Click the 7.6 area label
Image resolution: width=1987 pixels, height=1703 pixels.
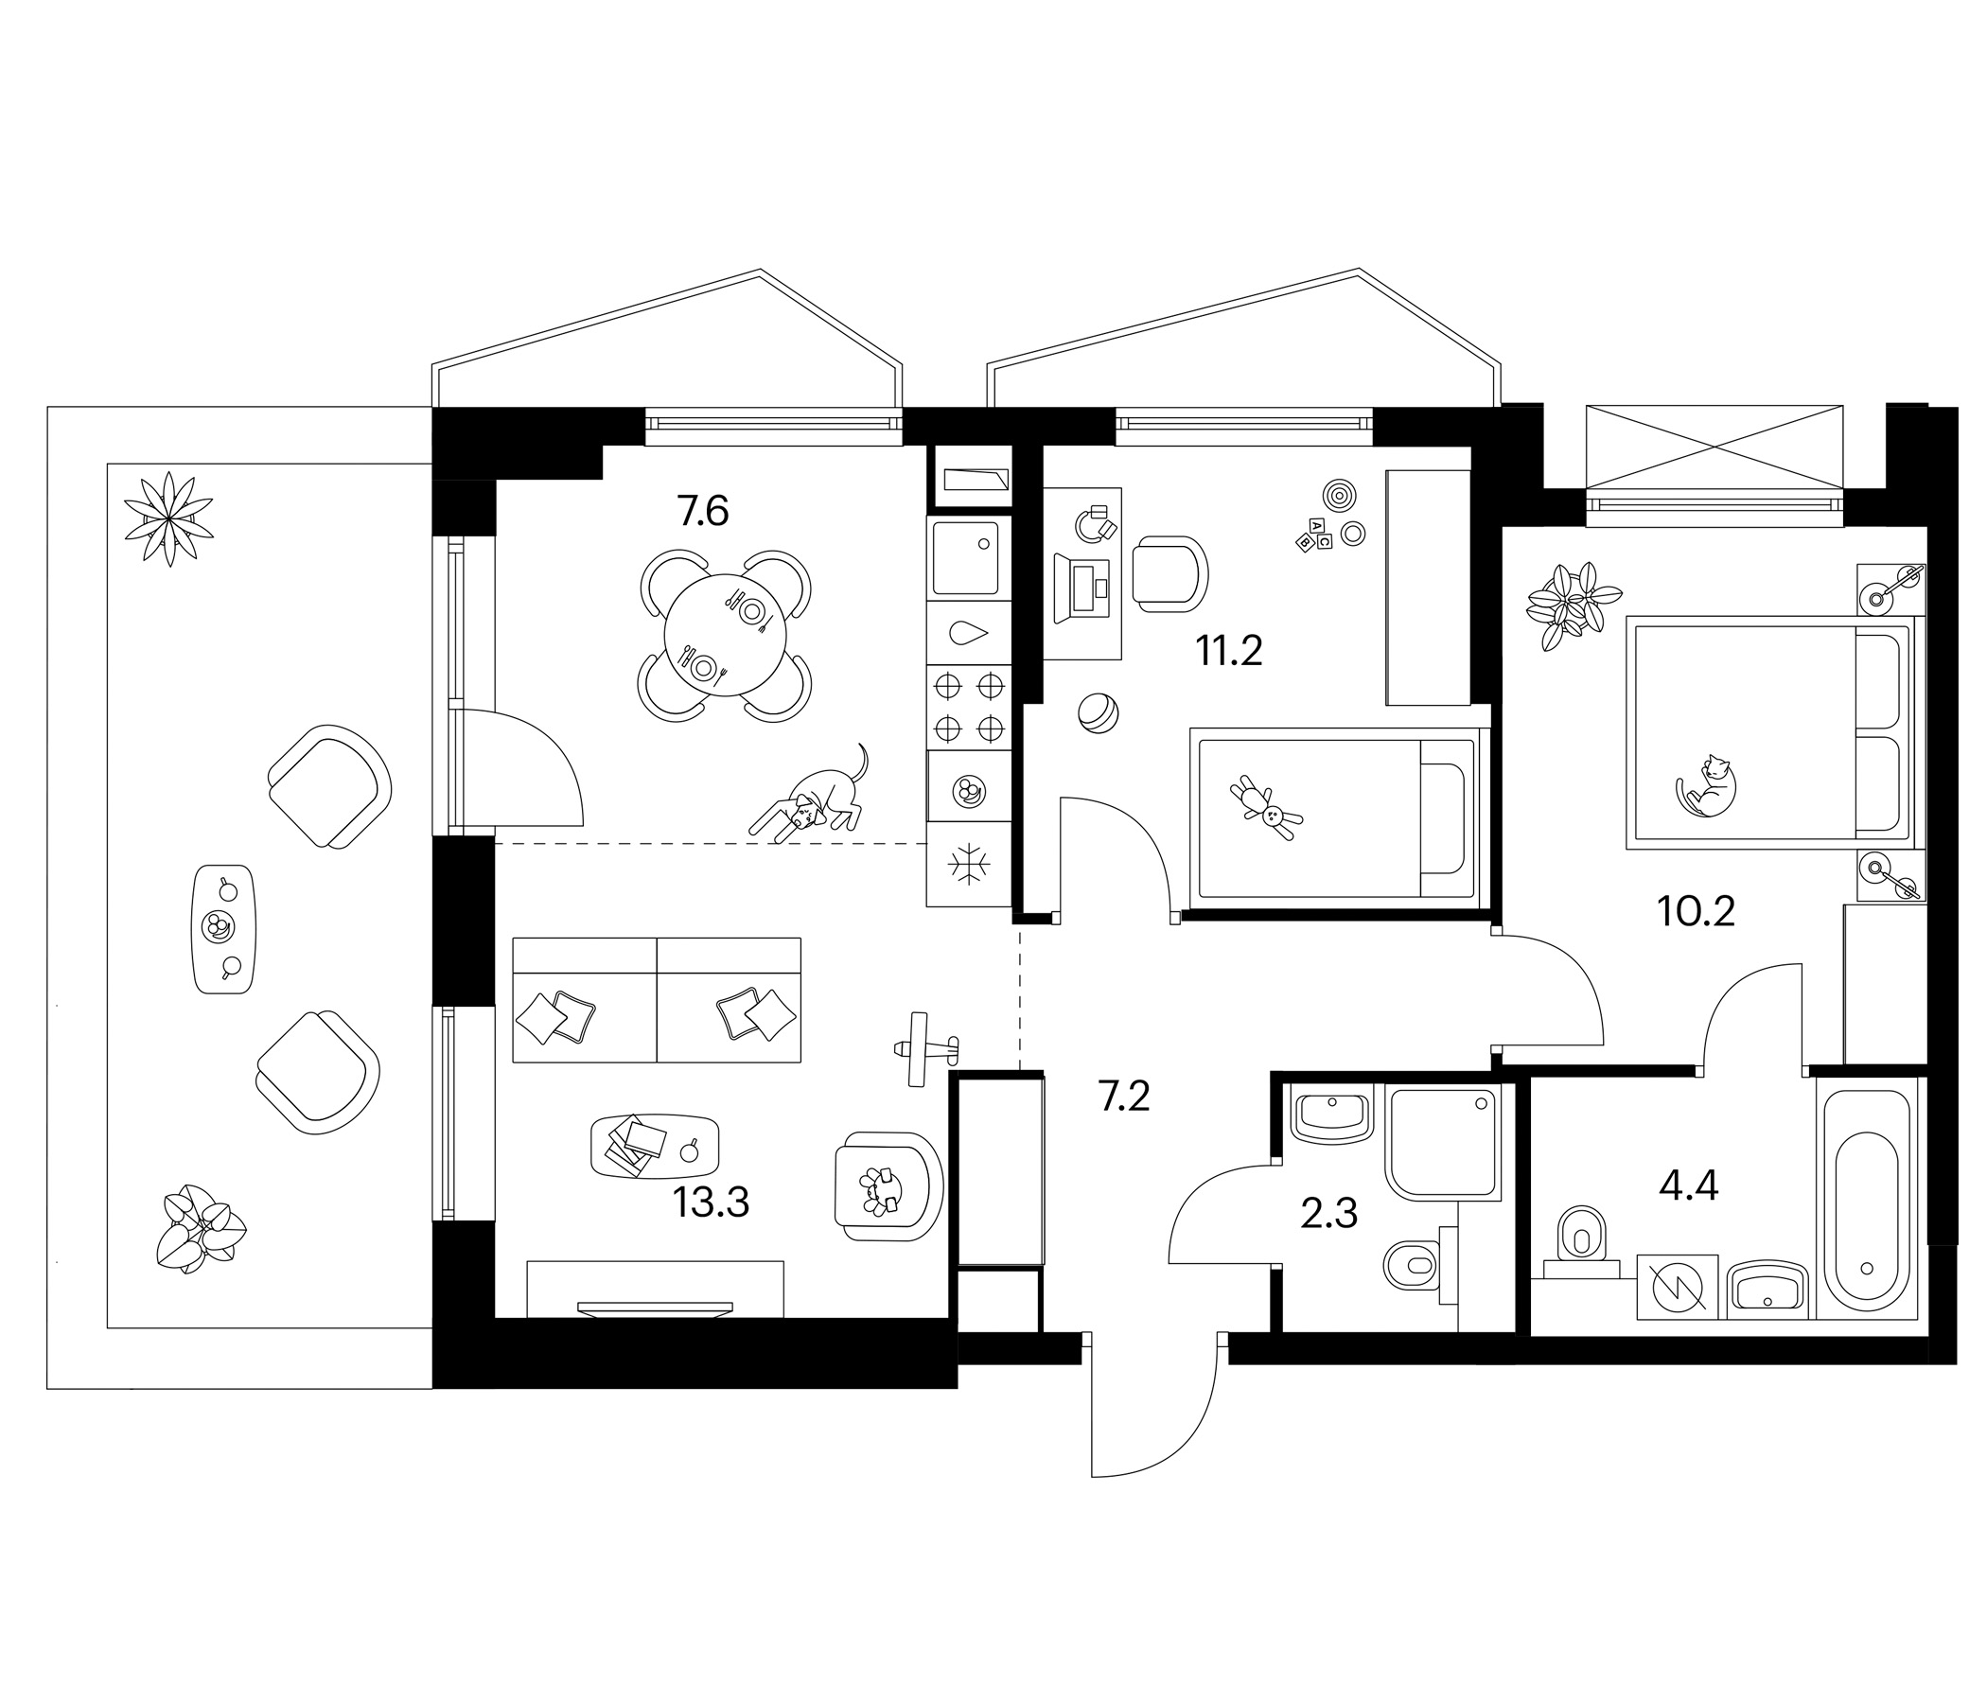[703, 512]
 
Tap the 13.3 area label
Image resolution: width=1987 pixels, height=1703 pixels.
[711, 1203]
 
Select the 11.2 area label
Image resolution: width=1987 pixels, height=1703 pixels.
[1228, 652]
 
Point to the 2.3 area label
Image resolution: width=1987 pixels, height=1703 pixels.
[1329, 1215]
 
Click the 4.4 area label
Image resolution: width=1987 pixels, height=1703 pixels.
[1689, 1187]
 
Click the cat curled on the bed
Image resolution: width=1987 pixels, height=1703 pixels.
[1706, 787]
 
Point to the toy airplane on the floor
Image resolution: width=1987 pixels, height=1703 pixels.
[924, 1049]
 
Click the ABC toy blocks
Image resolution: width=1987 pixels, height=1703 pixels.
[1315, 535]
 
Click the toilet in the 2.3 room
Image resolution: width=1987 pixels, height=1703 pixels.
[1412, 1266]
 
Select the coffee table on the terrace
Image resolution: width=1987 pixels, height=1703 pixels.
[224, 929]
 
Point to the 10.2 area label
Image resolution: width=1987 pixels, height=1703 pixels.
[1697, 912]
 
